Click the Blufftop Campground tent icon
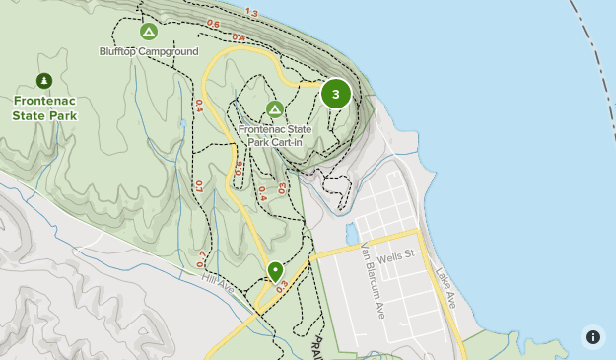[149, 33]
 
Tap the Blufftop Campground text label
[149, 51]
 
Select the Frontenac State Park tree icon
[43, 80]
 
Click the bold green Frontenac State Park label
[45, 108]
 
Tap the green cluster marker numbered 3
[336, 94]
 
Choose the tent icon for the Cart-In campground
[274, 108]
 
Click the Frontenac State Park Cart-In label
[275, 134]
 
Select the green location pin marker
[275, 271]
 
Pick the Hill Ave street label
[217, 285]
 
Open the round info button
[592, 336]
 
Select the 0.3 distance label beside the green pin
[282, 286]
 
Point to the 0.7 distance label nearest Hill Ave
[203, 258]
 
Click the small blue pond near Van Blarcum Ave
[351, 234]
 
